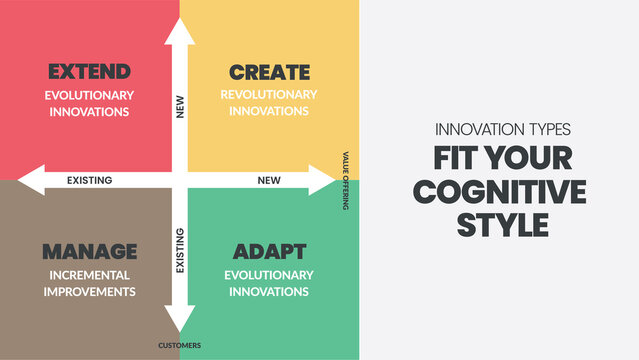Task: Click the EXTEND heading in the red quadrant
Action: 89,72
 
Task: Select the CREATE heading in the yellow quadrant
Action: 269,72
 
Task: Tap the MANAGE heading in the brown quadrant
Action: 89,250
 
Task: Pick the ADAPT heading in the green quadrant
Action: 269,250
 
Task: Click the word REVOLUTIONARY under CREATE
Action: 269,95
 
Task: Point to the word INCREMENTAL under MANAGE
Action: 89,274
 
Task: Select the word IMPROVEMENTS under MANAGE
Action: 89,291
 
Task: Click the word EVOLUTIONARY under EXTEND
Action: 89,95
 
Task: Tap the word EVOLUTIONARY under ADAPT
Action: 269,274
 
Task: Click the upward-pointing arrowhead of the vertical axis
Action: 180,30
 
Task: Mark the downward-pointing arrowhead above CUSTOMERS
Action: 180,320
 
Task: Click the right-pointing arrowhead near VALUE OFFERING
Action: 323,180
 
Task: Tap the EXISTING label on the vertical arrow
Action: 180,250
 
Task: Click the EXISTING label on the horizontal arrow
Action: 89,181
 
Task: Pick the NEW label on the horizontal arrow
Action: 269,181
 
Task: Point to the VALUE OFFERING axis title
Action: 346,180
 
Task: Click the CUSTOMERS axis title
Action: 180,346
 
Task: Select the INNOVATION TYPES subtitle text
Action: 502,130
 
